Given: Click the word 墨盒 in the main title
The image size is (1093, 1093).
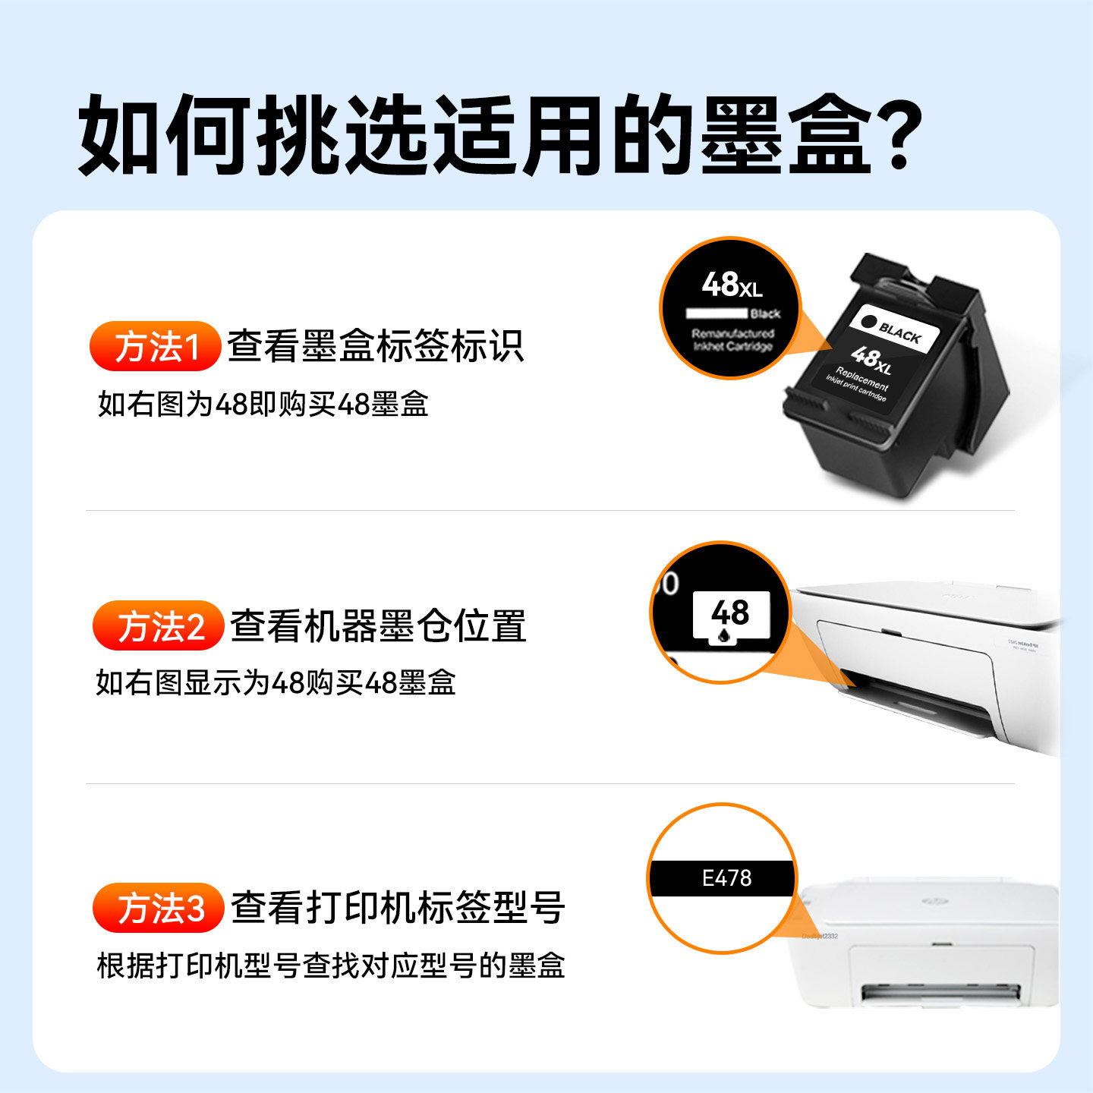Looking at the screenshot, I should point(785,135).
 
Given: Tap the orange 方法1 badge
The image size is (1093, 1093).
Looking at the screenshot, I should point(156,347).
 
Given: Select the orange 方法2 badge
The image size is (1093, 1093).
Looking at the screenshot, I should point(159,626).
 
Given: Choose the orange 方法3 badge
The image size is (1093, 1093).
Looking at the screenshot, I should point(159,908).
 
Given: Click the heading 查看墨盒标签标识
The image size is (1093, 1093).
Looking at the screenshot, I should point(375,346).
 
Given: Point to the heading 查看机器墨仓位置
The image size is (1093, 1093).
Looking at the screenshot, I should point(377,626).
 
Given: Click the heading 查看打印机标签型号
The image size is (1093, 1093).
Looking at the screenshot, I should point(397,908).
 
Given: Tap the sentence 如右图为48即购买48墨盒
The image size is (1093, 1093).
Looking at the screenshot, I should point(263,404).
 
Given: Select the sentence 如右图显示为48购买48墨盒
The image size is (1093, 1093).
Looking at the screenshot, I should point(275,682).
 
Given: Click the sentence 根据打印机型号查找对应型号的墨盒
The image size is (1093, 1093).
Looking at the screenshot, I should point(330,965).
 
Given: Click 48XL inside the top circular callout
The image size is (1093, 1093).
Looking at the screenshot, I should point(731,285).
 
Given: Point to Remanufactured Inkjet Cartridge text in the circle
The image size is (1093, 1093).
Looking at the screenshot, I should point(732,340).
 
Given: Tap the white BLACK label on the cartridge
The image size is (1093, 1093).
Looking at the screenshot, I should point(893,329).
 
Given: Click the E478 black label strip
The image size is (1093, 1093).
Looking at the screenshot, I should point(722,878).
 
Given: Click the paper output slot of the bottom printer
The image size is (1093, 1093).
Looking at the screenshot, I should point(941,990).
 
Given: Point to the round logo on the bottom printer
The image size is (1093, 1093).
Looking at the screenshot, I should point(931,901).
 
